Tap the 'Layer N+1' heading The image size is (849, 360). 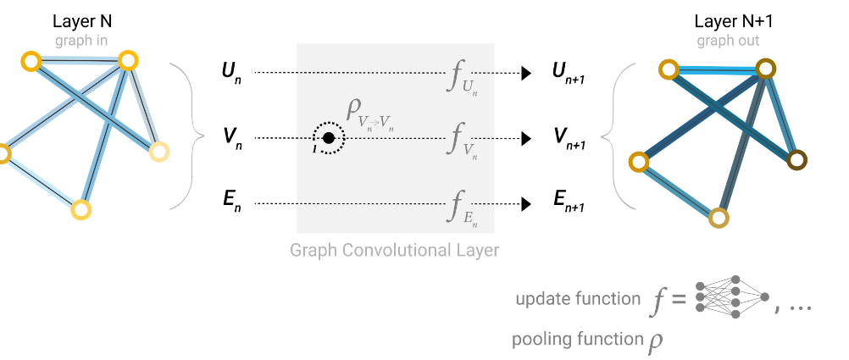[x=734, y=22]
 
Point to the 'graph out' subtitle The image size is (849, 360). [x=729, y=40]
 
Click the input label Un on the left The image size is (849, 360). [x=230, y=74]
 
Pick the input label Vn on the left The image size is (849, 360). [x=230, y=138]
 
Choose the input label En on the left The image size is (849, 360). [x=230, y=204]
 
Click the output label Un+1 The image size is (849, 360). [x=569, y=75]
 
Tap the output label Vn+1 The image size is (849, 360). [x=569, y=138]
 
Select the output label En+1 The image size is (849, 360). [x=569, y=204]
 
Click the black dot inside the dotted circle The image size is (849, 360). [x=329, y=137]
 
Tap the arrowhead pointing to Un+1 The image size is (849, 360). [x=526, y=74]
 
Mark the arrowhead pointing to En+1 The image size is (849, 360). [x=526, y=204]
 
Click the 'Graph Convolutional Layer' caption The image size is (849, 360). [x=396, y=251]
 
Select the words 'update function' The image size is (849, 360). [x=577, y=299]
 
